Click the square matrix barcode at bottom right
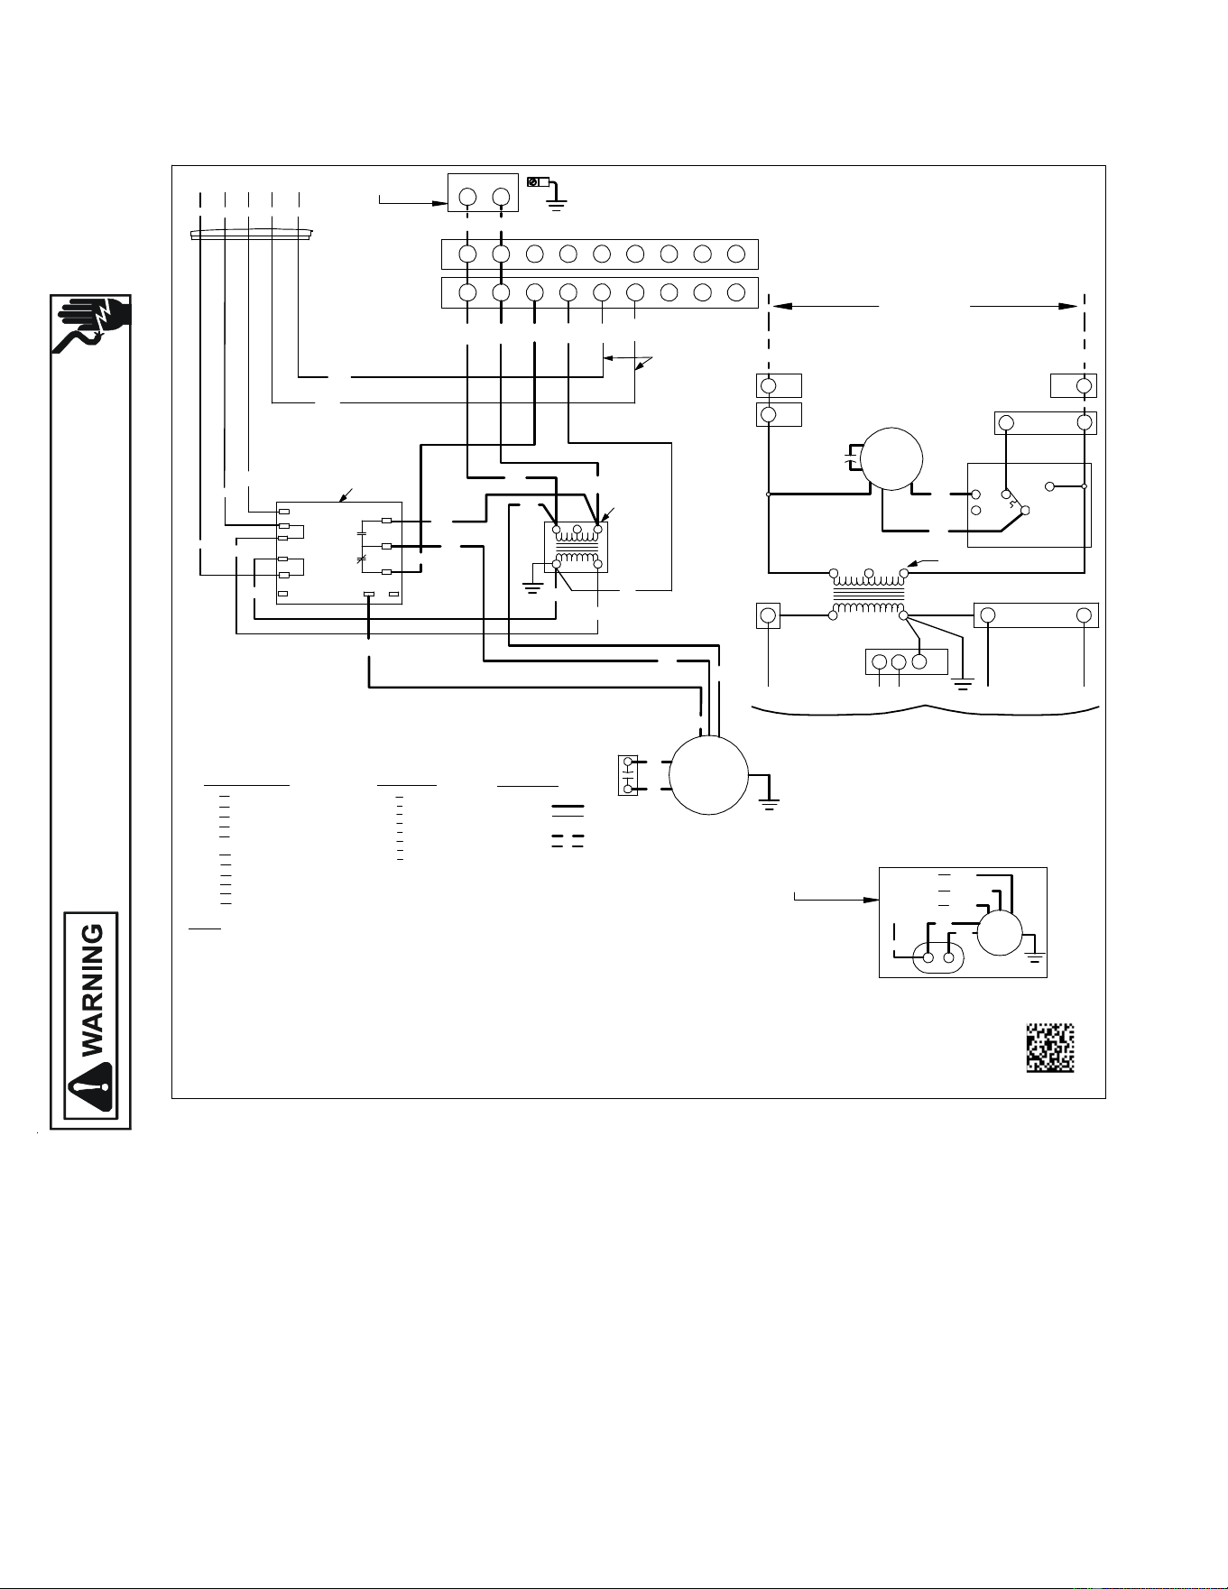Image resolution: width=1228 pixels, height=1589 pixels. [x=1050, y=1048]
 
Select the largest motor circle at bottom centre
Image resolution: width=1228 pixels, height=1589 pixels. [x=710, y=775]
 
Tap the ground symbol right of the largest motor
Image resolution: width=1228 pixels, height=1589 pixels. [x=770, y=799]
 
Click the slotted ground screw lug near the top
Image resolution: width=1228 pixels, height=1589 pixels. [x=539, y=182]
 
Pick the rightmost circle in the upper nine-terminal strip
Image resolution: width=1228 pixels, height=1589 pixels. [x=736, y=254]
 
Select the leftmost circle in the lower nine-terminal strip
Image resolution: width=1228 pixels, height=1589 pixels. [x=467, y=292]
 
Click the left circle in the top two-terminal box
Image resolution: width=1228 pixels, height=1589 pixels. [x=467, y=198]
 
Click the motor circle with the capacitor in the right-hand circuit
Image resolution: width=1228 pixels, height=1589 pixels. [x=891, y=457]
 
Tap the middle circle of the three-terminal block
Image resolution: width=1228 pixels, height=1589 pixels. [x=899, y=662]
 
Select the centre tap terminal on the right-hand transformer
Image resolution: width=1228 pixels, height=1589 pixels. [x=868, y=573]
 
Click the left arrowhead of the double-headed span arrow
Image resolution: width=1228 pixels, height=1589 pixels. [x=779, y=307]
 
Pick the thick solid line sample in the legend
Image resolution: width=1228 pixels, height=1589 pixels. [x=568, y=805]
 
